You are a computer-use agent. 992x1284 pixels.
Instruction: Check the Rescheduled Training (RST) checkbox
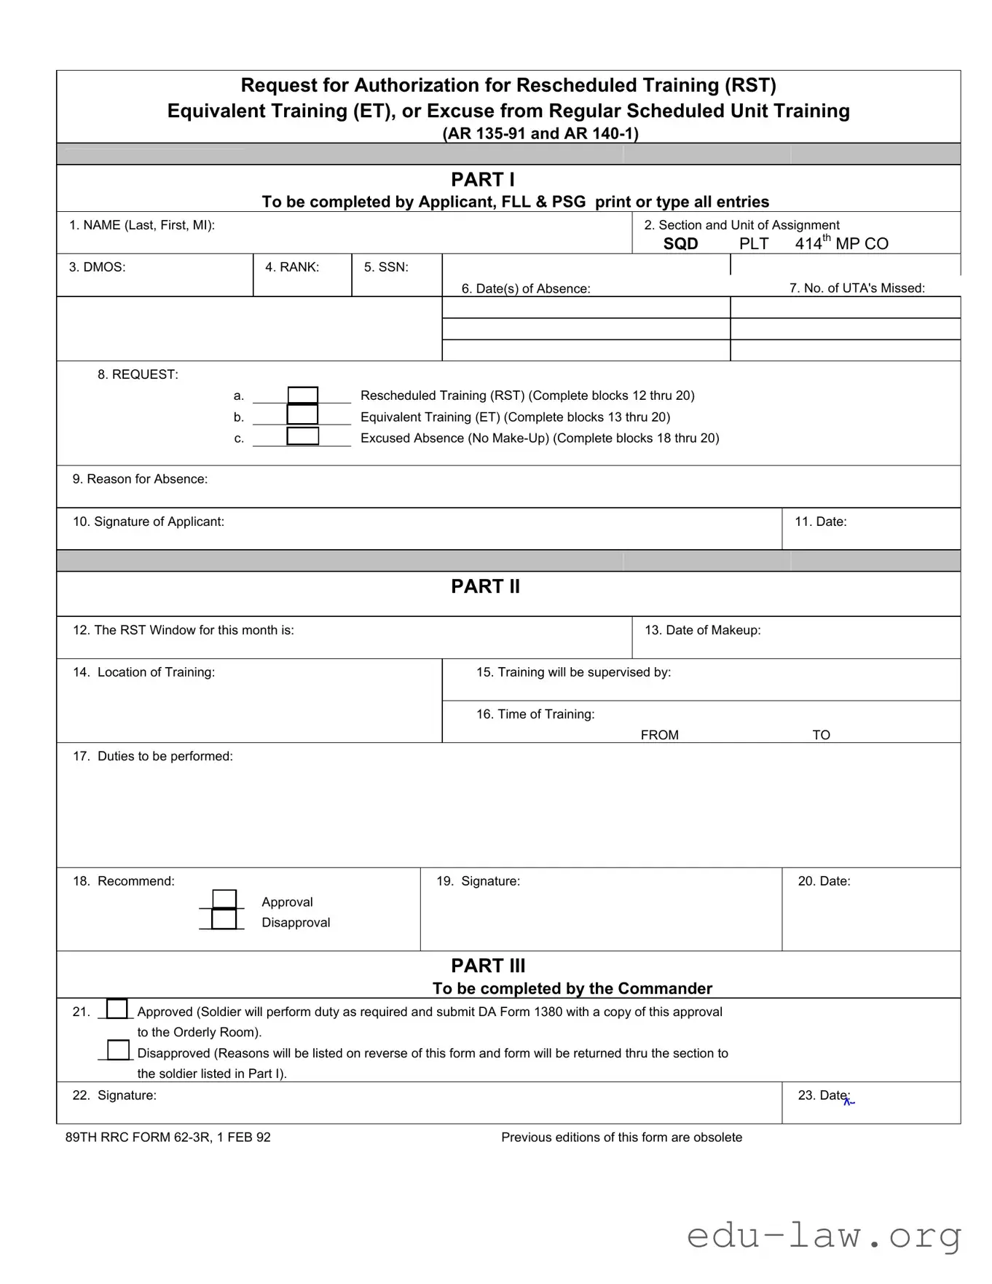pos(303,395)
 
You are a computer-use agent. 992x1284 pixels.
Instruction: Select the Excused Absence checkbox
pos(303,436)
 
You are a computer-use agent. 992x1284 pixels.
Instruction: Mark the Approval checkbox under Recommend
pos(224,899)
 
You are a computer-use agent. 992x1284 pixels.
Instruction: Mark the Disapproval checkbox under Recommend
pos(224,920)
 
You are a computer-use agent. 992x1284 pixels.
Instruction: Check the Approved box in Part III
pos(117,1009)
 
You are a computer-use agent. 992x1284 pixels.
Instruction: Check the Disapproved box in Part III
pos(118,1050)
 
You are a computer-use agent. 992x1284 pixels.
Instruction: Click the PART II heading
pos(485,586)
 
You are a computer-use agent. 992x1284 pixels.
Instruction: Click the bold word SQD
pos(680,244)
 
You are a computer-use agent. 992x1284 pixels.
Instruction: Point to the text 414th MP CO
pos(841,243)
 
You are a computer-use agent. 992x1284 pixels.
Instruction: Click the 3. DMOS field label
pos(98,267)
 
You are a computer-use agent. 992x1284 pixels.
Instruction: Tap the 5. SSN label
pos(386,267)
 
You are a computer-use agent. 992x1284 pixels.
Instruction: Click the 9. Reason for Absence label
pos(140,479)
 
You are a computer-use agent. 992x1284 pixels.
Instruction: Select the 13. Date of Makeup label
pos(702,630)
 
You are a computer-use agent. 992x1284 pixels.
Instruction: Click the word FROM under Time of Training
pos(659,735)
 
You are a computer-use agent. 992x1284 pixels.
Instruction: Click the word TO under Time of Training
pos(821,735)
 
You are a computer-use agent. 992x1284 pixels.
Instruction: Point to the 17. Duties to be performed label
pos(153,756)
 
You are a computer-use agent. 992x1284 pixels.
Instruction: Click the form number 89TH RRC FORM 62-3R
pos(168,1138)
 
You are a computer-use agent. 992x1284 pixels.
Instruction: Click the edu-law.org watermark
pos(824,1236)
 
